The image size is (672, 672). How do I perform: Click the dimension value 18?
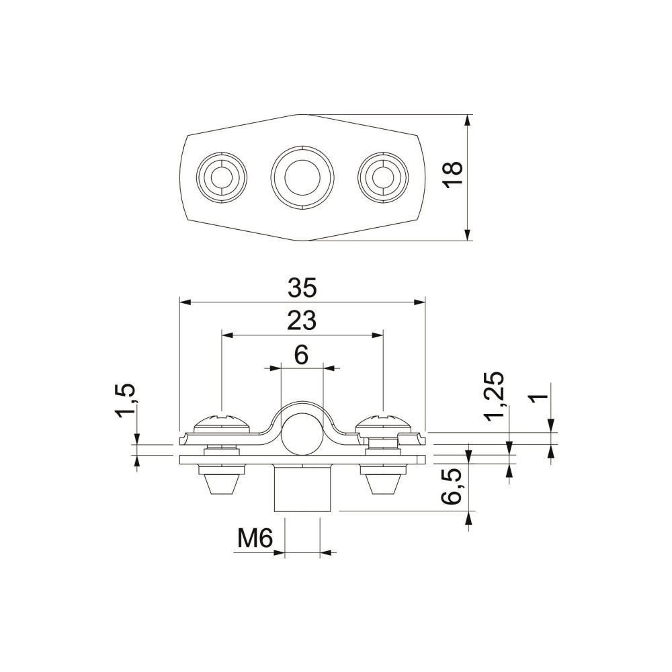[x=453, y=174]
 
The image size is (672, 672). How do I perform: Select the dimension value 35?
[x=302, y=288]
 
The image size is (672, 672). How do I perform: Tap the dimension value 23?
[x=302, y=321]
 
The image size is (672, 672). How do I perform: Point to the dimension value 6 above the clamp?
[x=302, y=355]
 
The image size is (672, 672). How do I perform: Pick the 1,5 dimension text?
[x=125, y=401]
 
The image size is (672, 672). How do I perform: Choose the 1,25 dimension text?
[x=493, y=397]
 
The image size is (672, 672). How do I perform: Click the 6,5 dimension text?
[x=451, y=487]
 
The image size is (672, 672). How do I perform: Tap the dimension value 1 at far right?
[x=539, y=397]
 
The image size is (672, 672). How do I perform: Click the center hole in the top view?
[x=302, y=177]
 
